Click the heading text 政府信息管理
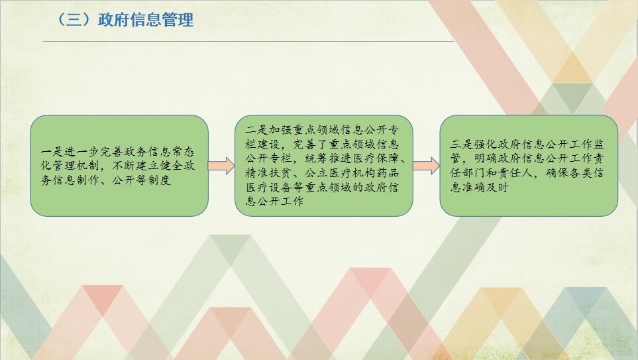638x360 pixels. tap(146, 19)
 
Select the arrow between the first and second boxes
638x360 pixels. tap(221, 166)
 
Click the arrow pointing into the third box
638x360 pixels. tap(427, 166)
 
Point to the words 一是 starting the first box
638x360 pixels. tap(52, 152)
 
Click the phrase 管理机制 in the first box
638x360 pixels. tap(76, 166)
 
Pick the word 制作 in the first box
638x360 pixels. tap(88, 180)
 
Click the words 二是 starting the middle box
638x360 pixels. tap(257, 130)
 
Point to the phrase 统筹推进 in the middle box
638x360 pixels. tap(329, 158)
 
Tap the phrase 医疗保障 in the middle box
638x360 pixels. tap(376, 158)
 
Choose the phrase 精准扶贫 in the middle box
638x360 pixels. tap(268, 172)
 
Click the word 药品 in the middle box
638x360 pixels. tap(388, 172)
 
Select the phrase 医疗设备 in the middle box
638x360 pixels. tap(268, 187)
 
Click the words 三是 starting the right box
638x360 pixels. tap(462, 145)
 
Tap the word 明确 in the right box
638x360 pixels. tap(486, 159)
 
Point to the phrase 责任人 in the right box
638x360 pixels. tap(515, 173)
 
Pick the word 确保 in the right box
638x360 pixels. tap(557, 173)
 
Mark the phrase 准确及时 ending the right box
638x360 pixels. tap(486, 188)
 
